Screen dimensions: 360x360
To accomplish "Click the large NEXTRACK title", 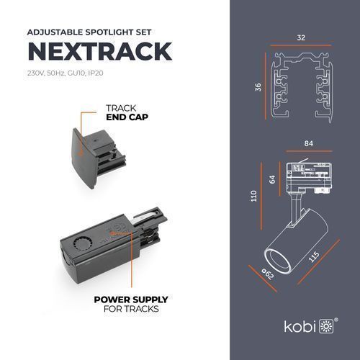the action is click(100, 51).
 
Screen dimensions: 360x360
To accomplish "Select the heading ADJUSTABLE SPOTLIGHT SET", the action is click(89, 32).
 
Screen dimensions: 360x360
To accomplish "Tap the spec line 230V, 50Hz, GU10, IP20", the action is click(66, 73).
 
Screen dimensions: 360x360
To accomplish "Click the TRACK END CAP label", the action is click(127, 112).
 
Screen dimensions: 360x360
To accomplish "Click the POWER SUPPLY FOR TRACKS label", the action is click(131, 304).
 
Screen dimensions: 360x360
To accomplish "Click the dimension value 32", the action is click(301, 37).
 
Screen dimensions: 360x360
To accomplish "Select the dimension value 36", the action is click(258, 87).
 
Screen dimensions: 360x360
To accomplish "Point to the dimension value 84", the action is click(309, 143).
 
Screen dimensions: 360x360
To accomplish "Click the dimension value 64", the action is click(272, 179).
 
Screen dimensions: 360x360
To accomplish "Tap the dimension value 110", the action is click(253, 196).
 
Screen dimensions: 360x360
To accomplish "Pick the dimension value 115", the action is click(313, 257).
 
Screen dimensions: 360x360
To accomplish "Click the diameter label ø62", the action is click(268, 274).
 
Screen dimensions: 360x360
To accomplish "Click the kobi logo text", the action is click(300, 326).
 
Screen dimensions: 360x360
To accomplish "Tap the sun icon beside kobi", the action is click(326, 326).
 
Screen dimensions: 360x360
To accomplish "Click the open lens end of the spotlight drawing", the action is click(277, 261).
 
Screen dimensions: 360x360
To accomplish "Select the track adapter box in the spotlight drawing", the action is click(310, 177).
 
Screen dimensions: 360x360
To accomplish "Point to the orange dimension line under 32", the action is click(301, 45).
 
